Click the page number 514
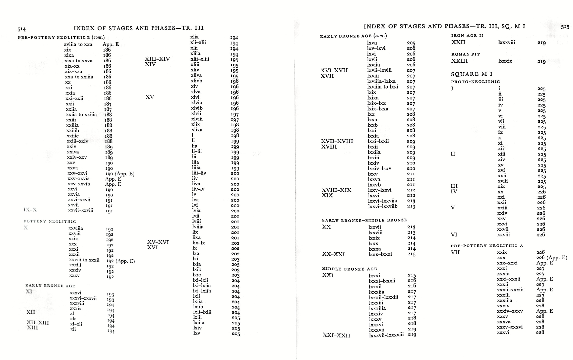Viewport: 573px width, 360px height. tap(22, 29)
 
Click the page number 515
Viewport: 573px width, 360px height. tap(565, 27)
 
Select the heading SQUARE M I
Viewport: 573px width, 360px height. tap(471, 74)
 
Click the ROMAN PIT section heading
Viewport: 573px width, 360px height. tap(465, 54)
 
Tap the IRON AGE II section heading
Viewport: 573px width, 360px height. tap(467, 36)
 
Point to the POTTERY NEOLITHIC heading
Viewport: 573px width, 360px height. tap(50, 221)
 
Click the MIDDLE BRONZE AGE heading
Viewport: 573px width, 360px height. tap(349, 269)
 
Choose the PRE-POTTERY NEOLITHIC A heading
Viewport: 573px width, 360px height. tap(487, 246)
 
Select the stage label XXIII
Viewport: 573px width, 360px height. tap(459, 61)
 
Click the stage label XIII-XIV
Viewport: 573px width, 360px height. tap(157, 59)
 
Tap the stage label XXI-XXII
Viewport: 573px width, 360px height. tap(336, 335)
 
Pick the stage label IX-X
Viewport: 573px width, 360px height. tap(30, 210)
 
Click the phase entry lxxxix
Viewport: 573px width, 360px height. tap(505, 61)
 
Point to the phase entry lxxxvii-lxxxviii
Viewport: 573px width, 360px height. tap(386, 335)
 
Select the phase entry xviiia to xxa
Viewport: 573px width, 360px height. tap(78, 45)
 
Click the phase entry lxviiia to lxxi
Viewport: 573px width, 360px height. tap(383, 87)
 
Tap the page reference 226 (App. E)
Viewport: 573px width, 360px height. tap(551, 258)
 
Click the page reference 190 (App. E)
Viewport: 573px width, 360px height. tap(120, 174)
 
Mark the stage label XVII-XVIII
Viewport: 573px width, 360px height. tap(337, 141)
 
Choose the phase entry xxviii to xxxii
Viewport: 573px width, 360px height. tap(84, 260)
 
